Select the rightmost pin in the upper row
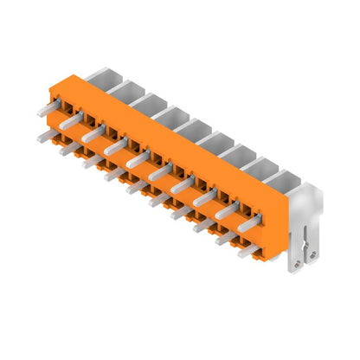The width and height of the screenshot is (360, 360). point(249,222)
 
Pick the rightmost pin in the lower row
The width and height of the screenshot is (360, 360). point(248,249)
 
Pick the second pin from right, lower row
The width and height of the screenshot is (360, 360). point(226,237)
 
